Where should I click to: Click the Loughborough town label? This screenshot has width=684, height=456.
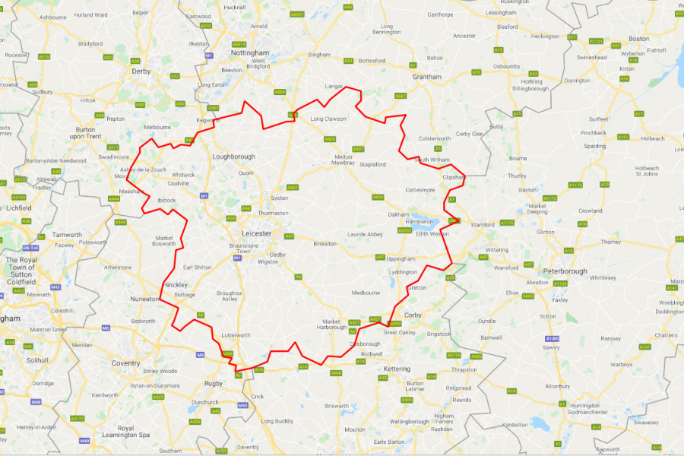pyautogui.click(x=233, y=157)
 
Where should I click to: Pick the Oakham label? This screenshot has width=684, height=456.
pyautogui.click(x=399, y=214)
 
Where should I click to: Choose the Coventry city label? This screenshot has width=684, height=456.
pyautogui.click(x=125, y=363)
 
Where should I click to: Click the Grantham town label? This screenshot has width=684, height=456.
pyautogui.click(x=427, y=77)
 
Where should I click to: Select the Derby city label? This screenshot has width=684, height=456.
pyautogui.click(x=141, y=71)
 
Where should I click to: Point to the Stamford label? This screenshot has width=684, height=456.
pyautogui.click(x=483, y=225)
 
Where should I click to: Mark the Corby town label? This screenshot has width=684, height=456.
pyautogui.click(x=413, y=314)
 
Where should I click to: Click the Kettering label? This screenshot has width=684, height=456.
pyautogui.click(x=397, y=369)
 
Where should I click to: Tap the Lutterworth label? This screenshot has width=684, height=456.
pyautogui.click(x=236, y=335)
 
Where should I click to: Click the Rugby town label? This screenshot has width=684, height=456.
pyautogui.click(x=215, y=383)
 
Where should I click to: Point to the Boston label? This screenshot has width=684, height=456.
pyautogui.click(x=638, y=38)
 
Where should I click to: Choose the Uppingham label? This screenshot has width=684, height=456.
pyautogui.click(x=402, y=258)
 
